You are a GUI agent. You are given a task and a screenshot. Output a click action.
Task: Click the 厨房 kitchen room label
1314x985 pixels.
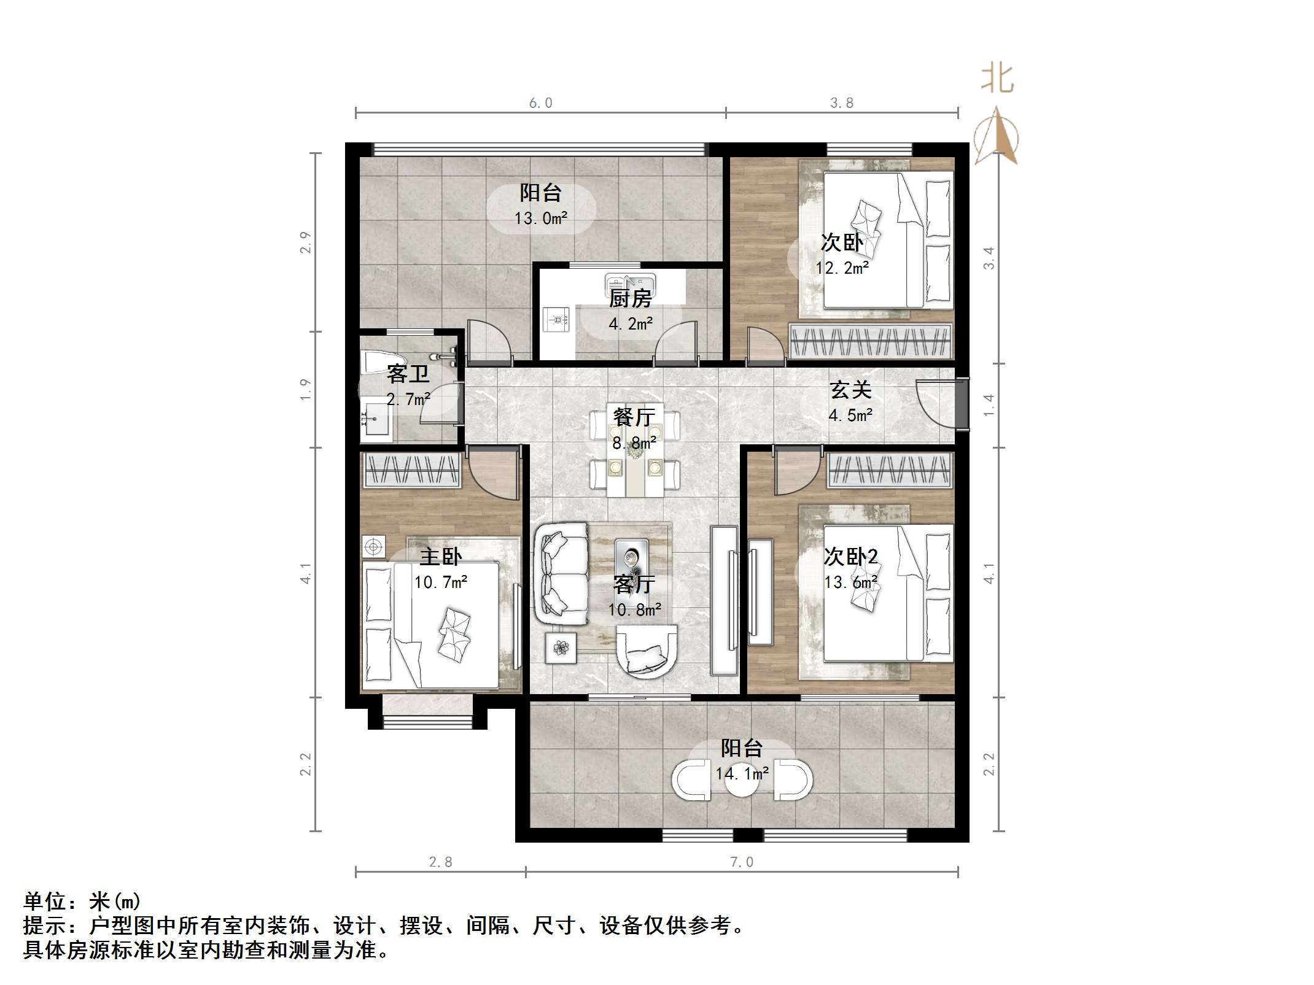(x=630, y=299)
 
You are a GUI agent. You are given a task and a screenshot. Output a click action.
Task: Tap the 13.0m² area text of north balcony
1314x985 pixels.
(x=540, y=218)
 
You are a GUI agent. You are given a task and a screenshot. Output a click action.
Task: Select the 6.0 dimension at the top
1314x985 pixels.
(x=540, y=103)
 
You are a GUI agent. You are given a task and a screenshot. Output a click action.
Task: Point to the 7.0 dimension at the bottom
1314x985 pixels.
(x=741, y=862)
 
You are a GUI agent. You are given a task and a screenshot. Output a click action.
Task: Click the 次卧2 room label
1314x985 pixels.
(x=850, y=557)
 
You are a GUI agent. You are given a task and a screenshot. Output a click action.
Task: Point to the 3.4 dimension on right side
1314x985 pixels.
(x=989, y=258)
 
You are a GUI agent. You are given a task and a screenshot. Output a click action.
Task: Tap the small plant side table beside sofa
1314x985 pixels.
(x=561, y=647)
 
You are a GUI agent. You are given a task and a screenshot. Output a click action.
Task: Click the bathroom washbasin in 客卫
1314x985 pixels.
(x=375, y=419)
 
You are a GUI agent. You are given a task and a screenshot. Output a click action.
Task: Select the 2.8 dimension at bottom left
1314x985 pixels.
(x=440, y=862)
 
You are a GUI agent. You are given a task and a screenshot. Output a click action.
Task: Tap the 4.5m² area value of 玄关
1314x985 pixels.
(x=850, y=415)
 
